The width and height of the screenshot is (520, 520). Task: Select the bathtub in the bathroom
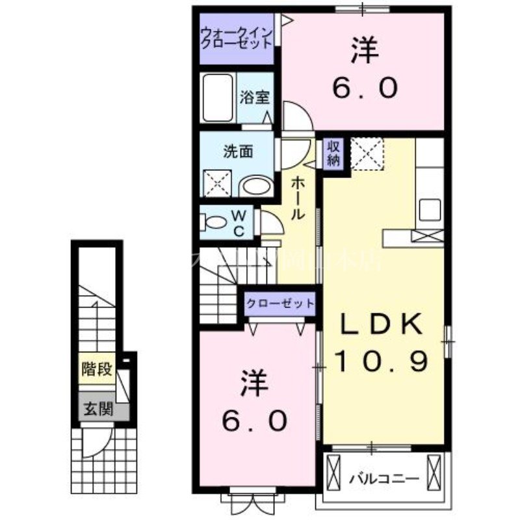coord(218,99)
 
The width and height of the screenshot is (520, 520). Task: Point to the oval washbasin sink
coord(256,187)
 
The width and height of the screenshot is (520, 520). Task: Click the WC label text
coord(239,222)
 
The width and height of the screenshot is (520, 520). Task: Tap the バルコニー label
coord(383,480)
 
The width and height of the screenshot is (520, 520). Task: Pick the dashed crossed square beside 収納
coord(367,154)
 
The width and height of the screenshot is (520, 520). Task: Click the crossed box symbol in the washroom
coord(216,182)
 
